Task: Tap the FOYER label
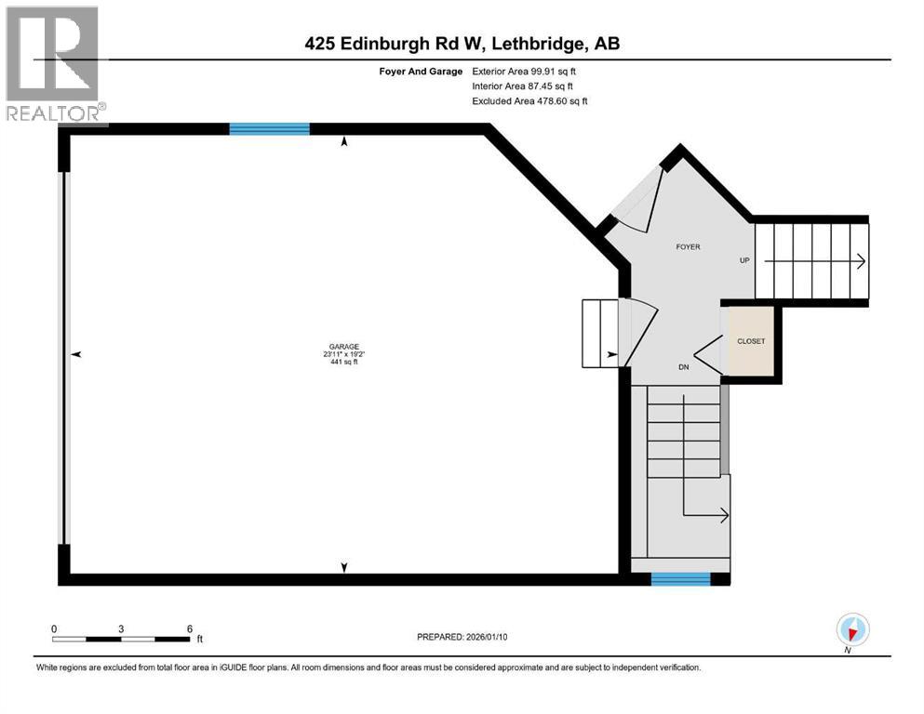click(x=688, y=247)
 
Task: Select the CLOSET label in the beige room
click(x=751, y=341)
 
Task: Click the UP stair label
click(x=744, y=260)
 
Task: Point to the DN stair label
click(x=683, y=367)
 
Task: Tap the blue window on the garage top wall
click(x=270, y=129)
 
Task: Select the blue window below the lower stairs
click(x=680, y=579)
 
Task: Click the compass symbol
click(x=851, y=629)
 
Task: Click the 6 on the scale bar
click(x=190, y=628)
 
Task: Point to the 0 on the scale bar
click(x=54, y=628)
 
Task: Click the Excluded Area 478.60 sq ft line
click(x=529, y=100)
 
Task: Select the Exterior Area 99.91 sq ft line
click(x=529, y=71)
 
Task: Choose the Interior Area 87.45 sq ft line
click(x=529, y=86)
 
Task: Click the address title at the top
click(x=462, y=44)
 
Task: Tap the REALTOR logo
click(x=53, y=65)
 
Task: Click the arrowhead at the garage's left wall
click(x=77, y=354)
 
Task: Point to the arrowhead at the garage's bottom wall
click(x=345, y=567)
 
